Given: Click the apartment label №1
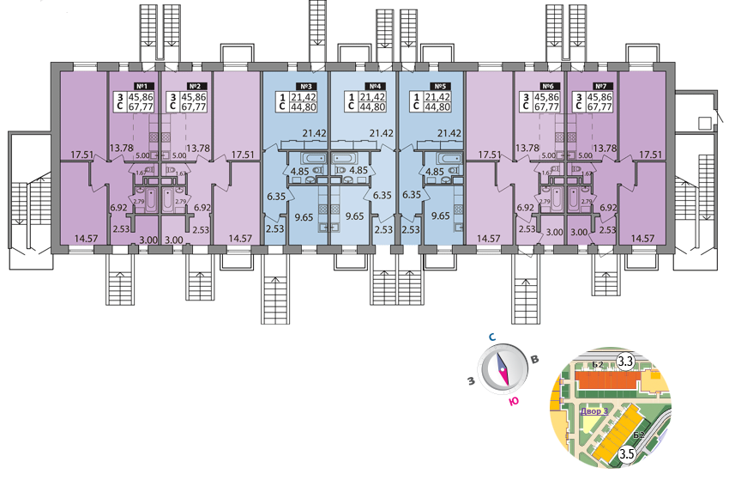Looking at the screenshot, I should (x=143, y=86).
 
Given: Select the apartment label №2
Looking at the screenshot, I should (x=195, y=86).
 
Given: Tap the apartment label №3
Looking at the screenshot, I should (x=304, y=86).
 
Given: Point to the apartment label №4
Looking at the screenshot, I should (x=374, y=86).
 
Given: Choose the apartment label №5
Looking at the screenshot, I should (x=441, y=86).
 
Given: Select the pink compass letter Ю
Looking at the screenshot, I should (x=513, y=401).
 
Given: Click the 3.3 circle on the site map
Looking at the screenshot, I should (x=625, y=362).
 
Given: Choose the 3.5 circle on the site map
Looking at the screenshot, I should (x=626, y=454).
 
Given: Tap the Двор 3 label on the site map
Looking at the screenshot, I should (x=593, y=411).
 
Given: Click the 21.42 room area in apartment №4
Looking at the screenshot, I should (x=381, y=133).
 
